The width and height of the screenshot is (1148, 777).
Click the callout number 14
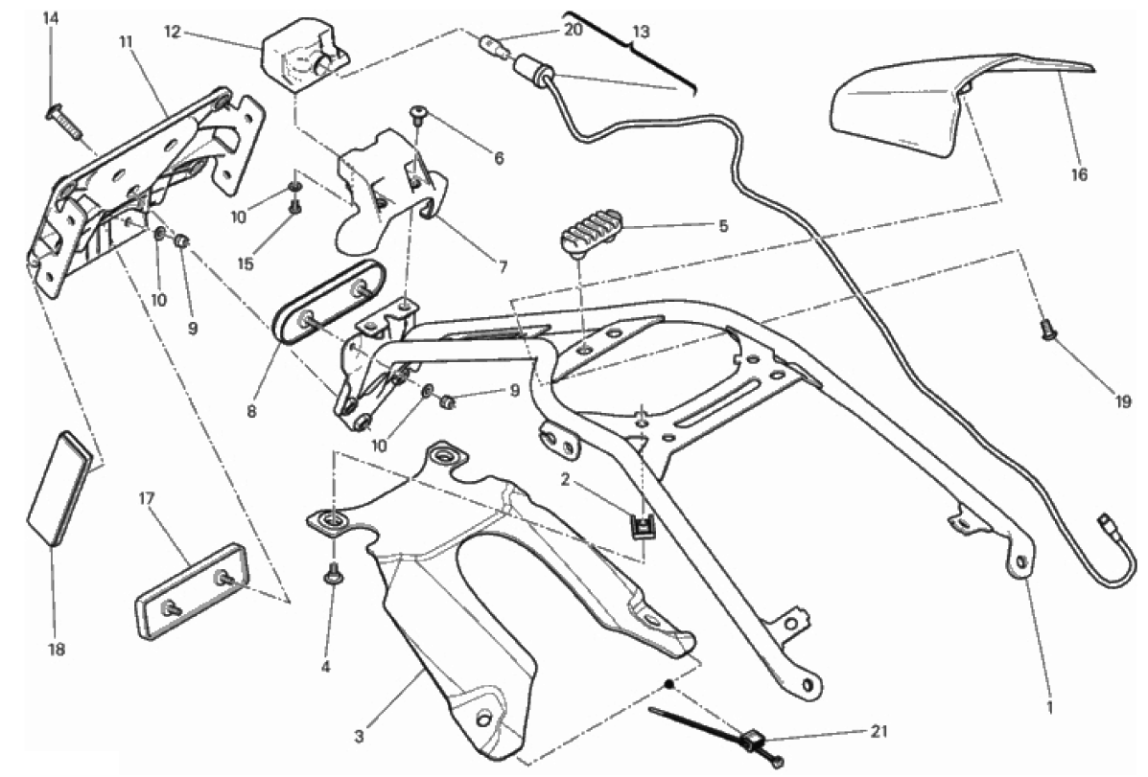click(x=51, y=18)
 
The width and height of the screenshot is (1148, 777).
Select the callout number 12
click(x=173, y=32)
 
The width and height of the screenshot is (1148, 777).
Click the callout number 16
click(x=1080, y=175)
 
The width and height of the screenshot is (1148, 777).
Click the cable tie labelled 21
click(x=729, y=733)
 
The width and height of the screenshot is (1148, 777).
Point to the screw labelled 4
click(x=334, y=575)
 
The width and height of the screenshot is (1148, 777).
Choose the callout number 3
click(x=359, y=736)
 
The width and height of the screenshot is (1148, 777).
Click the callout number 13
click(x=641, y=32)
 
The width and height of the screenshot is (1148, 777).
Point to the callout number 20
click(x=573, y=30)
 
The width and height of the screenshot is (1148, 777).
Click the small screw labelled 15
click(x=295, y=204)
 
